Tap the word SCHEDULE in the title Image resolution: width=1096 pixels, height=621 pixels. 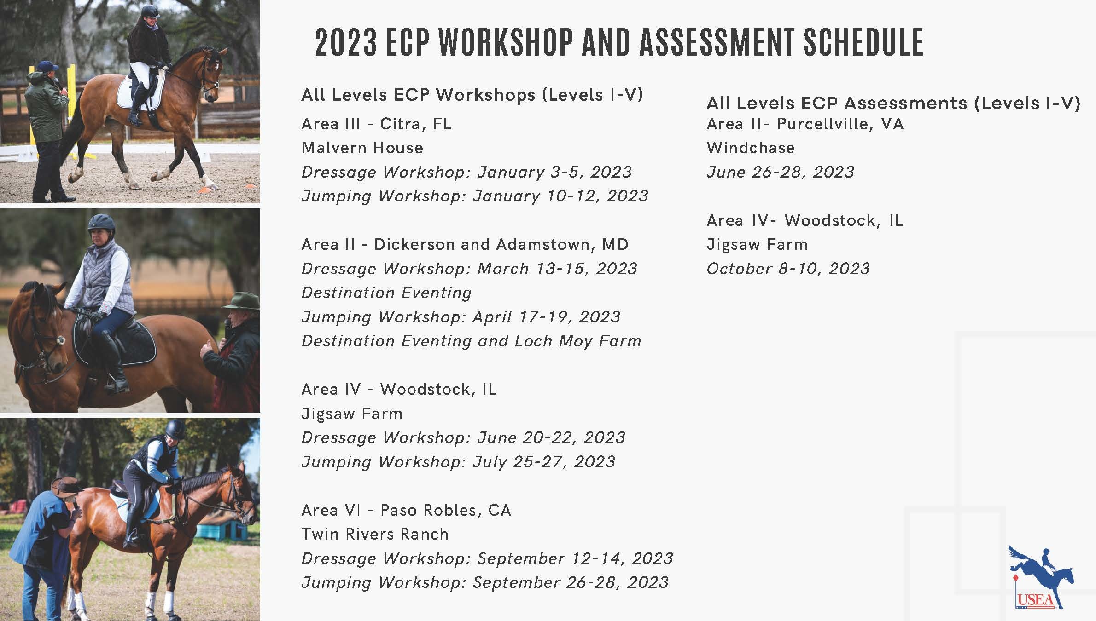863,42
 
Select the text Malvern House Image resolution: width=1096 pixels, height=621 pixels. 362,148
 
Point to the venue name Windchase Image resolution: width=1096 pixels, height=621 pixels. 751,148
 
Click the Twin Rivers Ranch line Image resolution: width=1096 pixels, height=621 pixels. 375,534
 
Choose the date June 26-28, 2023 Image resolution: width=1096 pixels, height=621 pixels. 780,172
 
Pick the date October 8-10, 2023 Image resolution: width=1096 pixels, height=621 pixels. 788,269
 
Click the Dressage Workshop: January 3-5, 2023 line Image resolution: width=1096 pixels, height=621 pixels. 466,172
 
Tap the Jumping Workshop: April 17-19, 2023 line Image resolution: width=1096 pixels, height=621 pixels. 461,317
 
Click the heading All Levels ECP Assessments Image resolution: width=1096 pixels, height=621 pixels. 837,103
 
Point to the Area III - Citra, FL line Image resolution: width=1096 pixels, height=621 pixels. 376,124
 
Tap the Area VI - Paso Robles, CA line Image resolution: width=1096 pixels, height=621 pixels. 406,510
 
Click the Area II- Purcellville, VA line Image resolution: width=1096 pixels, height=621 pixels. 805,124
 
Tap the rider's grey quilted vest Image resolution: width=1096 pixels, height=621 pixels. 111,278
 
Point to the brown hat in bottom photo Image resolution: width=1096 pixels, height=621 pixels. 67,486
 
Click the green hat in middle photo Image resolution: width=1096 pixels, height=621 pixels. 241,300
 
